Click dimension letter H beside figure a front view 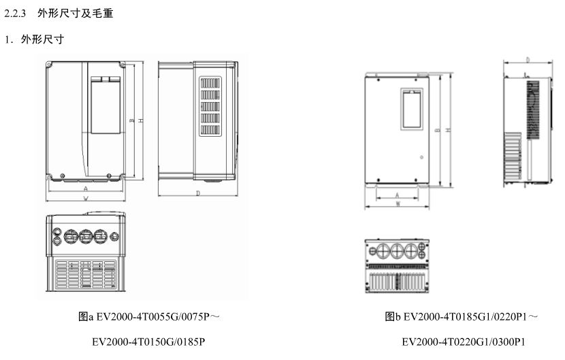(x=140, y=120)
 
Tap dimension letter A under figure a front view (x=85, y=187)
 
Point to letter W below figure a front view (x=85, y=198)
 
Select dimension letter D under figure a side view (x=197, y=194)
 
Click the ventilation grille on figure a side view (x=210, y=106)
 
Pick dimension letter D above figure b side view (x=528, y=60)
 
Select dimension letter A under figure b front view (x=397, y=195)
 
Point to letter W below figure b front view (x=397, y=203)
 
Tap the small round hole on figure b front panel (x=421, y=158)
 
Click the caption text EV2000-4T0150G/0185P (x=149, y=342)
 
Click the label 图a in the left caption (x=84, y=317)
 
